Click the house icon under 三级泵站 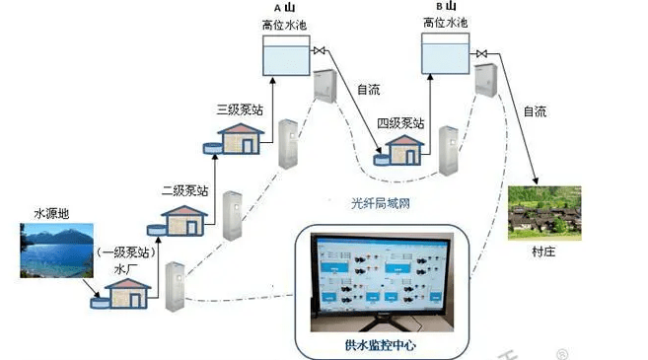pyautogui.click(x=241, y=139)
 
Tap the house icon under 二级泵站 pyautogui.click(x=186, y=218)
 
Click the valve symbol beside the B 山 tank pyautogui.click(x=479, y=52)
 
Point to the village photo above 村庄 pyautogui.click(x=543, y=213)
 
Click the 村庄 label pyautogui.click(x=543, y=252)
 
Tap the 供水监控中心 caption pyautogui.click(x=382, y=344)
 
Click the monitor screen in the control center pyautogui.click(x=381, y=280)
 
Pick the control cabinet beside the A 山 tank pyautogui.click(x=325, y=88)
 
